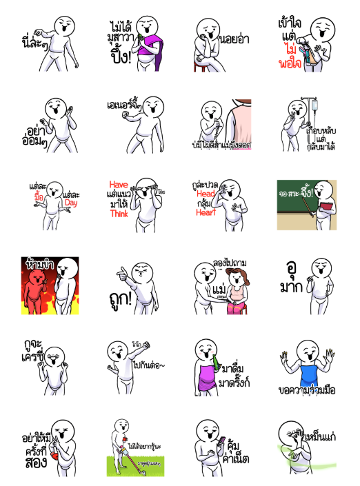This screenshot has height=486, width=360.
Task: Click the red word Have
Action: click(x=119, y=184)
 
